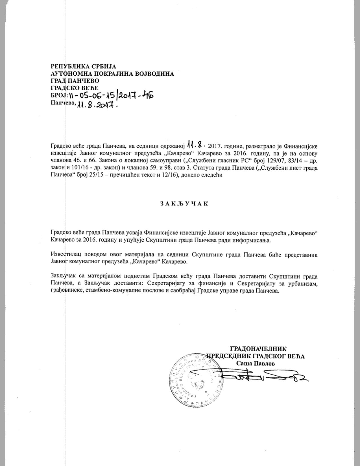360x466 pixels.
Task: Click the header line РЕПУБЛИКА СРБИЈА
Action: point(83,66)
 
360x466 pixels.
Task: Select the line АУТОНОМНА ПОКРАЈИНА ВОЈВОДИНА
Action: point(112,74)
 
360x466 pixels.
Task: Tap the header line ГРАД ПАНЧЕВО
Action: point(75,81)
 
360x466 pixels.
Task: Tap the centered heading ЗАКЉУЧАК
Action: point(184,204)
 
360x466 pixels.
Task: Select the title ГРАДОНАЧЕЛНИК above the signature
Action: point(258,349)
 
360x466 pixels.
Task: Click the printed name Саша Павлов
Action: point(255,364)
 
